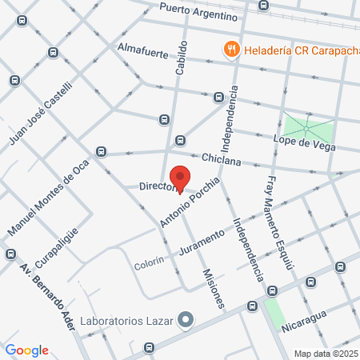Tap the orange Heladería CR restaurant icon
coord(232,49)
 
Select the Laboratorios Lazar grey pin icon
coord(186,321)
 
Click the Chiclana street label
coord(222,158)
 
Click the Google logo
coord(27,350)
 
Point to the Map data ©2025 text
coord(326,354)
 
